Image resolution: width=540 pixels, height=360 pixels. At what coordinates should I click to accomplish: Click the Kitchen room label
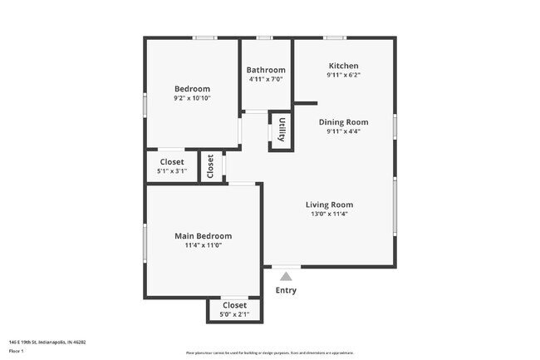(x=343, y=66)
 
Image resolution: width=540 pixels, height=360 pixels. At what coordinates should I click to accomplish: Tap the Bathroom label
(x=266, y=70)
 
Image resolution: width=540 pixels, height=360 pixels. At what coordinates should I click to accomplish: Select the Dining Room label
(x=343, y=122)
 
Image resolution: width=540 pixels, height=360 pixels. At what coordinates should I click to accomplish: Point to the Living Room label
(x=329, y=205)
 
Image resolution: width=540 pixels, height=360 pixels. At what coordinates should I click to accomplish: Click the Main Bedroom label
(x=203, y=236)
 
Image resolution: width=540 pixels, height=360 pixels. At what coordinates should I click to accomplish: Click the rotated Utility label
(x=282, y=131)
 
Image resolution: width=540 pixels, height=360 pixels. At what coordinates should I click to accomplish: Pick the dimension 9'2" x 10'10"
(x=192, y=98)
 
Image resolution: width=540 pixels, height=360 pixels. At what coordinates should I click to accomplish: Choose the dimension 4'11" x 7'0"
(x=266, y=79)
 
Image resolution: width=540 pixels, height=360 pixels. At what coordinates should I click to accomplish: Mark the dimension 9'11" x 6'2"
(x=343, y=75)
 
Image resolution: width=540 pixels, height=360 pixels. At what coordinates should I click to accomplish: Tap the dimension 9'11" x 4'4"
(x=343, y=131)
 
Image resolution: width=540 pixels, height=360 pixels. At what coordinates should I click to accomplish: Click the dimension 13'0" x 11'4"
(x=329, y=214)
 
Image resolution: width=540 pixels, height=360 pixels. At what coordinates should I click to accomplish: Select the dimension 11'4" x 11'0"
(x=203, y=245)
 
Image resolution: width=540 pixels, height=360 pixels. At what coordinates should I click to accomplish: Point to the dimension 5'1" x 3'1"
(x=172, y=171)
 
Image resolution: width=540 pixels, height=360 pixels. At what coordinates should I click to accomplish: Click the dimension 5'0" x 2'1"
(x=234, y=314)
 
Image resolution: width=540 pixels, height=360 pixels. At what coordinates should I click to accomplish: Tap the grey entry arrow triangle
(x=286, y=275)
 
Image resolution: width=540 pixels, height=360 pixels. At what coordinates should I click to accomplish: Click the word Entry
(x=286, y=290)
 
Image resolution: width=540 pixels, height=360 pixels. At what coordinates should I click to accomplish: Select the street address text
(x=47, y=342)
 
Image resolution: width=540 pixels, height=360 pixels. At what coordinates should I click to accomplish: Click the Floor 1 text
(x=16, y=351)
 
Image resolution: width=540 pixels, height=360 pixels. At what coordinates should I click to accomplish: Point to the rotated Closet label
(x=211, y=166)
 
